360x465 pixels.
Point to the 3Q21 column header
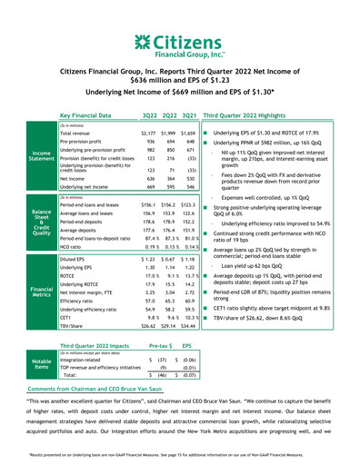pyautogui.click(x=189, y=116)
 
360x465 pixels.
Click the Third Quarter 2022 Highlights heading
pyautogui.click(x=257, y=116)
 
